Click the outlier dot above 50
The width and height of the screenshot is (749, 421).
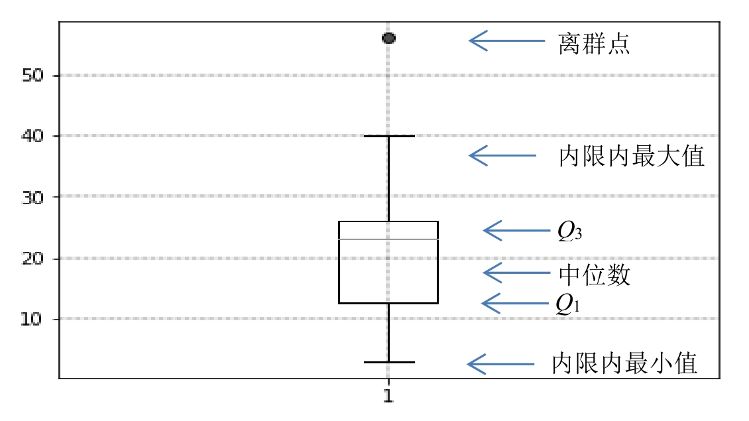(388, 38)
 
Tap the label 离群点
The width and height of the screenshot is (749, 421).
(594, 44)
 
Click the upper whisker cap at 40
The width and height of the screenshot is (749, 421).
(388, 136)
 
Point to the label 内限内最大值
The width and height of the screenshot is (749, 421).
(631, 157)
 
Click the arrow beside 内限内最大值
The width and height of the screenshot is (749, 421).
(502, 156)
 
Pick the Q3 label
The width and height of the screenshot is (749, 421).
(569, 231)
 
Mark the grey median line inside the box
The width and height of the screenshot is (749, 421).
(388, 239)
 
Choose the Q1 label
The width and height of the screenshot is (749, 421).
(568, 304)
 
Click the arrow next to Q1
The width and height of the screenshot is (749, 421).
(515, 303)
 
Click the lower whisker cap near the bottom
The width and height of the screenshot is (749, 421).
(388, 362)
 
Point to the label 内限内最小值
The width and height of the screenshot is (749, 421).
(624, 364)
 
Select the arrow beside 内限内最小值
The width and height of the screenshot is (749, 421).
(500, 364)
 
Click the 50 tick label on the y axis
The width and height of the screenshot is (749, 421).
(33, 76)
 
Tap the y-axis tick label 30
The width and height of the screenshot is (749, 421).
(33, 197)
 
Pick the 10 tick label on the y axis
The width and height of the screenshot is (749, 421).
(33, 319)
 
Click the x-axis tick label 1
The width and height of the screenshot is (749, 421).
(388, 397)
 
